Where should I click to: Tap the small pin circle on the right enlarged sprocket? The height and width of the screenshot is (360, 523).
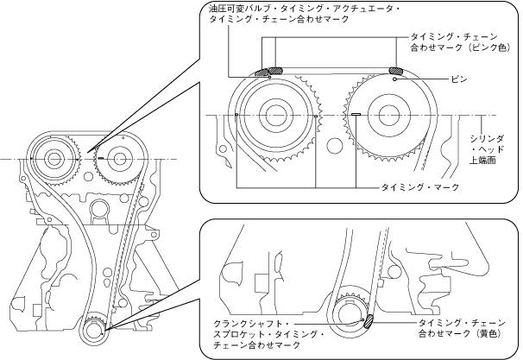click(x=394, y=79)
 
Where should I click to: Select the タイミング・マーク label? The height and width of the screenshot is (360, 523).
click(x=420, y=186)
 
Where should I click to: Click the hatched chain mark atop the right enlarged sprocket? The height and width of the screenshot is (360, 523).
click(x=396, y=71)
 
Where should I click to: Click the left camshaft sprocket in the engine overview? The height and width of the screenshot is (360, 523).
click(x=54, y=160)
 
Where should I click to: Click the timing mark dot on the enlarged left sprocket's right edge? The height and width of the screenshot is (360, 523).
click(x=317, y=114)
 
